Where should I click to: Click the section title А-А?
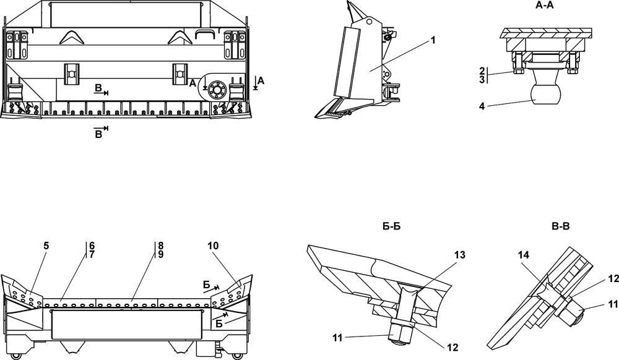click(544, 5)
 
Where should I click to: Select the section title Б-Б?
click(392, 227)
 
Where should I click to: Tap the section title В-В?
click(560, 227)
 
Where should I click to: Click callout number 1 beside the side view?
click(433, 40)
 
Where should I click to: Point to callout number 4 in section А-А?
click(482, 106)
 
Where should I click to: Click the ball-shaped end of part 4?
click(545, 93)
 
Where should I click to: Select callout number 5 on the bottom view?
click(46, 246)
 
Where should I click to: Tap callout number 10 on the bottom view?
click(213, 246)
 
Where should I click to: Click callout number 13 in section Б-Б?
click(460, 255)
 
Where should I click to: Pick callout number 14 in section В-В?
click(524, 255)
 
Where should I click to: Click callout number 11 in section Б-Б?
click(337, 338)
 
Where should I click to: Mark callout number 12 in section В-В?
click(613, 279)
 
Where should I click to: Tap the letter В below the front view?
click(98, 135)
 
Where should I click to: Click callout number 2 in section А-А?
click(482, 71)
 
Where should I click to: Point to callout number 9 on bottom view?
click(160, 255)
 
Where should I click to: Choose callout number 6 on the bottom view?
click(92, 246)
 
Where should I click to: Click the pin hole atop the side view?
click(370, 21)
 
